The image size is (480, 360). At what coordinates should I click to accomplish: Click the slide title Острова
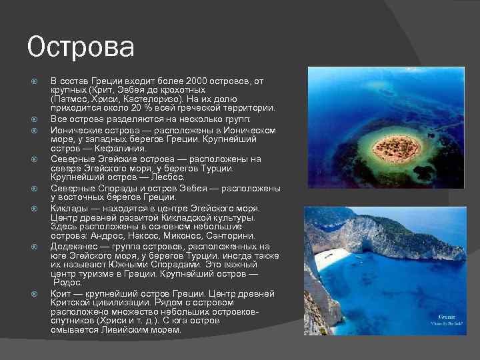coord(81,47)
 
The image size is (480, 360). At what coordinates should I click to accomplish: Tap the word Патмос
coord(71,99)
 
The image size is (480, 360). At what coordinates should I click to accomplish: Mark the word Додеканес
coord(76,246)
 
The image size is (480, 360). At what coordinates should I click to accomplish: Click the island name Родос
coord(67,283)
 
